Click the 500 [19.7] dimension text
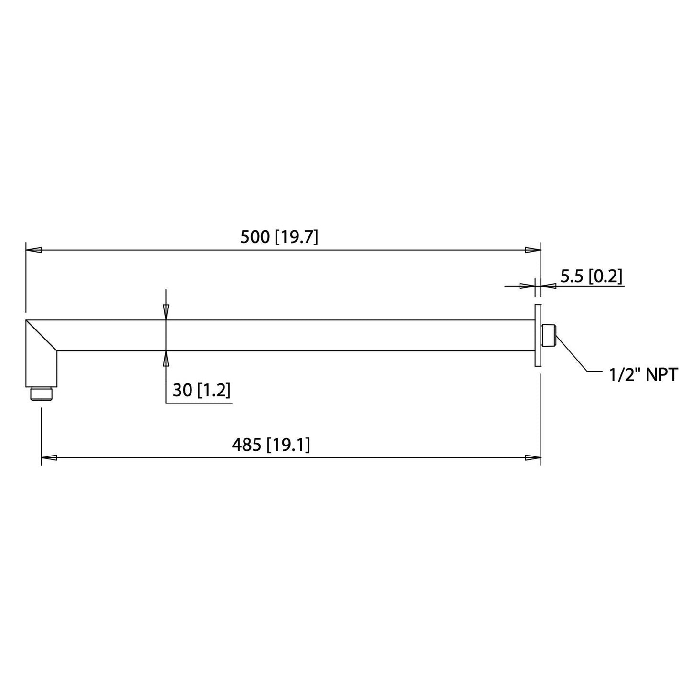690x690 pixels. (x=279, y=237)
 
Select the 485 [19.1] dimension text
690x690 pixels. (x=271, y=446)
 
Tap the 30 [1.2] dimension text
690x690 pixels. (x=201, y=390)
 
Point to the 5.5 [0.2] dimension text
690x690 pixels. (x=591, y=277)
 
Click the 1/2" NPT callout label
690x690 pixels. (x=644, y=375)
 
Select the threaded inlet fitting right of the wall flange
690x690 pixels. (x=549, y=336)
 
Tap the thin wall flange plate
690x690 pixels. (x=538, y=335)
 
